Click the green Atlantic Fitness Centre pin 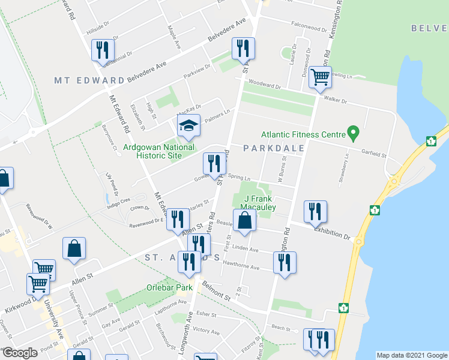coord(354,131)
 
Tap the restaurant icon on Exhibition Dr coord(315,212)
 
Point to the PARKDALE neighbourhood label coord(274,148)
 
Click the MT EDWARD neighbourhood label coord(89,80)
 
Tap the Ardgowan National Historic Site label coord(158,151)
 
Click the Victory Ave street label coord(206,331)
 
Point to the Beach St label coord(280,327)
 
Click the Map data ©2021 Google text coord(412,355)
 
